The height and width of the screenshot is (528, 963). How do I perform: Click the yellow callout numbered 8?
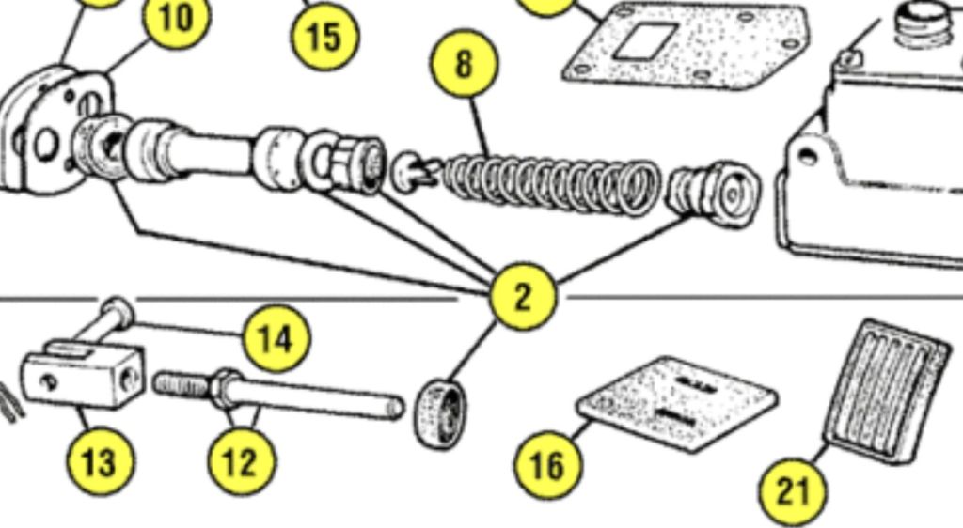pyautogui.click(x=465, y=63)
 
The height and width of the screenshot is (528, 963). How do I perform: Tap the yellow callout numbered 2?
pyautogui.click(x=523, y=297)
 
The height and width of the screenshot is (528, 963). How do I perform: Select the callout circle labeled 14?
pyautogui.click(x=277, y=338)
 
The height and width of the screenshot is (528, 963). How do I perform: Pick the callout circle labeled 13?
pyautogui.click(x=100, y=461)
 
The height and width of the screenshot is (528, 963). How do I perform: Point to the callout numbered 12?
pyautogui.click(x=242, y=462)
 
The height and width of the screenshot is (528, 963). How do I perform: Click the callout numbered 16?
pyautogui.click(x=548, y=464)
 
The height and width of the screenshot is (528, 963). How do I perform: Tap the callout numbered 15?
pyautogui.click(x=324, y=36)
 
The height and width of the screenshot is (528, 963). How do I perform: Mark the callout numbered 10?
pyautogui.click(x=177, y=17)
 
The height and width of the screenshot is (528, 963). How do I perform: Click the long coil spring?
pyautogui.click(x=550, y=185)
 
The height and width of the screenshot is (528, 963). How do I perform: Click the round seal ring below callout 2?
pyautogui.click(x=440, y=414)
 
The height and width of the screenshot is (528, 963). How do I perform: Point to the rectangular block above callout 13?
pyautogui.click(x=84, y=374)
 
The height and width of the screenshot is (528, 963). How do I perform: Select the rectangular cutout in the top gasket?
pyautogui.click(x=645, y=41)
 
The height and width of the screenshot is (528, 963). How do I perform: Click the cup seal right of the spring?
pyautogui.click(x=714, y=193)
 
